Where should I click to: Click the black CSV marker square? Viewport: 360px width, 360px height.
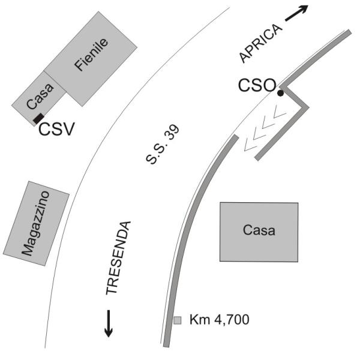coord(38,118)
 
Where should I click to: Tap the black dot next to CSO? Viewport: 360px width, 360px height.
coord(280,93)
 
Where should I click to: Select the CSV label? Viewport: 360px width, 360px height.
coord(57,129)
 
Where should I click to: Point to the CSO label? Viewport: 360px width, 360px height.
coord(257,85)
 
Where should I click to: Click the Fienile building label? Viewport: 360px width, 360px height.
coord(91,55)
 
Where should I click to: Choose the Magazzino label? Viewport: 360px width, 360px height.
coord(35,223)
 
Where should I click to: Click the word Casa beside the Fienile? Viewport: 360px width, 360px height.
coord(40,97)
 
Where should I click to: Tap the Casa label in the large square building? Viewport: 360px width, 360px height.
coord(259,230)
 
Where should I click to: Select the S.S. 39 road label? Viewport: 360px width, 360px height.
coord(163,145)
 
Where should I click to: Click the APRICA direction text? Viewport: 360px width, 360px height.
coord(260,43)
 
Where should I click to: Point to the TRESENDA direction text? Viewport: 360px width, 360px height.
coord(118,258)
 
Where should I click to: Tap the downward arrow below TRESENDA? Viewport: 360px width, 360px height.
coord(109,323)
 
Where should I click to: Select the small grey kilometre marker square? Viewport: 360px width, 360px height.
coord(177,320)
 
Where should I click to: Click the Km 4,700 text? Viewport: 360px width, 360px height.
coord(219,319)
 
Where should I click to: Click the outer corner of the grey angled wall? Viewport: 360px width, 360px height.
coord(308,107)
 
